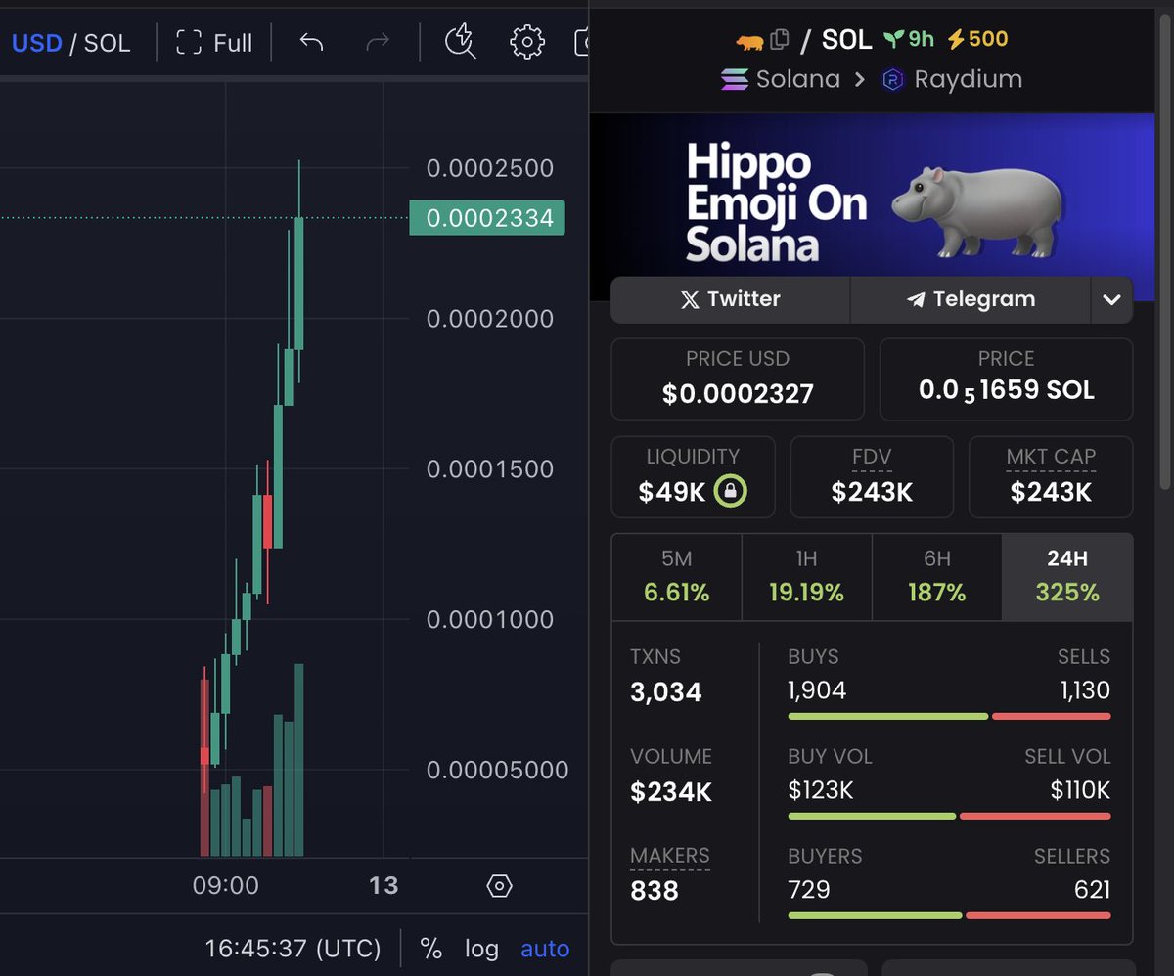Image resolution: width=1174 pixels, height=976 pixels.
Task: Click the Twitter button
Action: coord(730,299)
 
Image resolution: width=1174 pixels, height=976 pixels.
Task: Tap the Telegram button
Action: coord(971,299)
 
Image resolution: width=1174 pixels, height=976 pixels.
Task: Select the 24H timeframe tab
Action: coord(1066,576)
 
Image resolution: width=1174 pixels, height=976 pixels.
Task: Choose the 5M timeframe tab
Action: coord(676,576)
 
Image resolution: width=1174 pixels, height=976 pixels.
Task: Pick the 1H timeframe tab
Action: coord(806,576)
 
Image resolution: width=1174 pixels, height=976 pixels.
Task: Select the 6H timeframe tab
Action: coord(936,576)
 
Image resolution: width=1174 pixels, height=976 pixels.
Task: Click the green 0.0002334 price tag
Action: coord(488,218)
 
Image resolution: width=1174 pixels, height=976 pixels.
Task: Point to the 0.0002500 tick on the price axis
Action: coord(489,168)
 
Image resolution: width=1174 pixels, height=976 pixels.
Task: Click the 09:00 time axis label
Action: coord(225,886)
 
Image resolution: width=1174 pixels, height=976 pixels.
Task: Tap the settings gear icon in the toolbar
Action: coord(526,42)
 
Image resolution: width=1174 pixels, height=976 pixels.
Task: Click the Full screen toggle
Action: coord(214,43)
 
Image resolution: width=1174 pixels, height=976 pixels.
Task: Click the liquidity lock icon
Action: coord(730,491)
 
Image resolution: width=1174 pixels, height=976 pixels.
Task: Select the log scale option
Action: coord(481,949)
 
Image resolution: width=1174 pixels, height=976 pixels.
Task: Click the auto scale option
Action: coord(544,949)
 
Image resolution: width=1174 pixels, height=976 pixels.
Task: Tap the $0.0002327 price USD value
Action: coord(738,394)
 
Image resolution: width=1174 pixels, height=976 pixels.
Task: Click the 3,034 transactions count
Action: coord(665,692)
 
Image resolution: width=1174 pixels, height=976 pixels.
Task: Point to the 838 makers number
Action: coord(654,890)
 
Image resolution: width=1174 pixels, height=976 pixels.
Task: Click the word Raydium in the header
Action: coord(967,79)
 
